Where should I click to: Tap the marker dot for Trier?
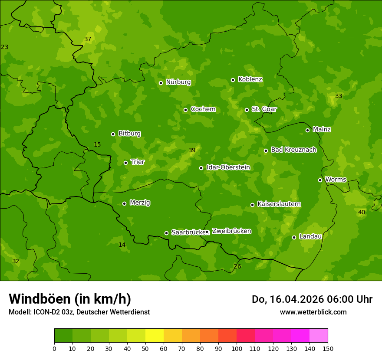click(x=126, y=163)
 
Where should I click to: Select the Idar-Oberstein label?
click(x=228, y=167)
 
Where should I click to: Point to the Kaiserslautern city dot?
click(x=252, y=205)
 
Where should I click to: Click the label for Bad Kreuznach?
click(x=293, y=150)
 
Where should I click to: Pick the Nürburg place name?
click(x=178, y=82)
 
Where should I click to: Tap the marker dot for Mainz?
click(x=307, y=130)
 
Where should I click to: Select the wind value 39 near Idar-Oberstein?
click(x=192, y=151)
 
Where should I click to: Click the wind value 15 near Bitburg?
click(x=97, y=144)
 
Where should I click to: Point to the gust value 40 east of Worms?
click(x=362, y=212)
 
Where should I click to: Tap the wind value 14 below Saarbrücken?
click(x=122, y=245)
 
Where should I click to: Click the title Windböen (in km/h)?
click(x=70, y=299)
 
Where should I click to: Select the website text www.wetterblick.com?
click(x=313, y=312)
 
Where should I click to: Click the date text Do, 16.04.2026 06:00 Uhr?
click(x=312, y=299)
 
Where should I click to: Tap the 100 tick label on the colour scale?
click(x=237, y=348)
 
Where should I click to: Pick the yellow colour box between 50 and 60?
click(x=155, y=336)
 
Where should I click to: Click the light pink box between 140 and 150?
click(x=319, y=336)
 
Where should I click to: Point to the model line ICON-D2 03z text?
click(x=79, y=312)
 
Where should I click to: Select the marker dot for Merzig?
click(x=124, y=203)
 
